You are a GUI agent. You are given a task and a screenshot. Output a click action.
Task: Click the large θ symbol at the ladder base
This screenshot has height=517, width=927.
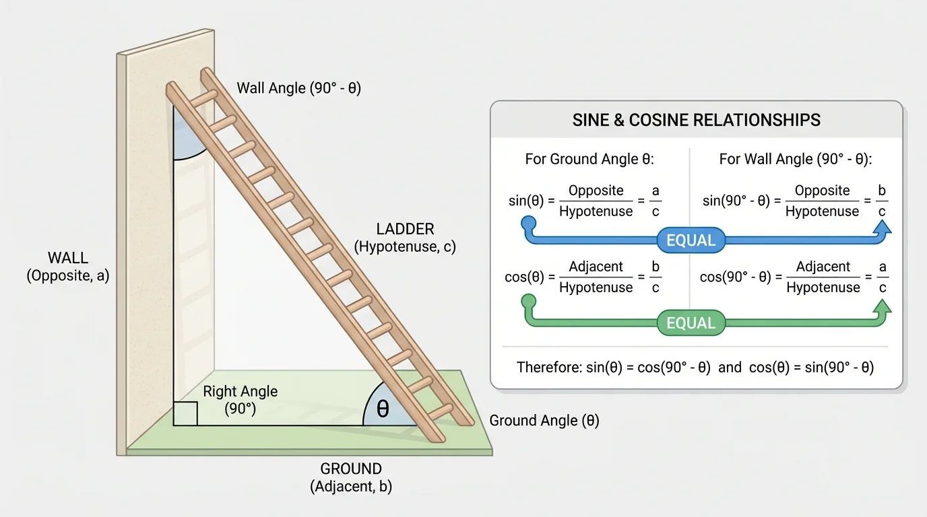point(383,409)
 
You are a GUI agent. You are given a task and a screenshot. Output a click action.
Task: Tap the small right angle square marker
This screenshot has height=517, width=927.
point(185,413)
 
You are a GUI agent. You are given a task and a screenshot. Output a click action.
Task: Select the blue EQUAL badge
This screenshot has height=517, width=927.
point(691,241)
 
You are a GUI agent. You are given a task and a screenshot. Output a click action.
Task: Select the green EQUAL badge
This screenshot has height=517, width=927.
point(691,324)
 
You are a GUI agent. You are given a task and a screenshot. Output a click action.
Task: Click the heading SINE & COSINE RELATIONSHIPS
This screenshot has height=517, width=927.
point(696,120)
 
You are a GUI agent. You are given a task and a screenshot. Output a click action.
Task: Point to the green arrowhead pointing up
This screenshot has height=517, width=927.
point(882,308)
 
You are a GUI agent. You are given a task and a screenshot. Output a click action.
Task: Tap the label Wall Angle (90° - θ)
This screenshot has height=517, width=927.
point(298,88)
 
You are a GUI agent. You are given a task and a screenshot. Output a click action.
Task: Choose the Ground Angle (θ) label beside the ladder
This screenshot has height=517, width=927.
point(544,421)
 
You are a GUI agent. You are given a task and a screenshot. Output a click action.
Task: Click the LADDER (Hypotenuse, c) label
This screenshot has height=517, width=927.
point(405,238)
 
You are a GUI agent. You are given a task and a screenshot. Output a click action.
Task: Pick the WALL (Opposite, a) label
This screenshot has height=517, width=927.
point(68,267)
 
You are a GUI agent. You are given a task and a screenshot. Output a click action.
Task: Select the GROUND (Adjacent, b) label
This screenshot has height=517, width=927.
point(351,477)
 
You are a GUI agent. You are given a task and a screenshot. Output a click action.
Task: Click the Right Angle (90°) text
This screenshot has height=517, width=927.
point(240,399)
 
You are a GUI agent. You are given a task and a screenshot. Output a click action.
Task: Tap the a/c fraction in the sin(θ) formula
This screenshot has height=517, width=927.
point(655,201)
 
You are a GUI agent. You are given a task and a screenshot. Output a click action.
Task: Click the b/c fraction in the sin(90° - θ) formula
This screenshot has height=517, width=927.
point(882,201)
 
